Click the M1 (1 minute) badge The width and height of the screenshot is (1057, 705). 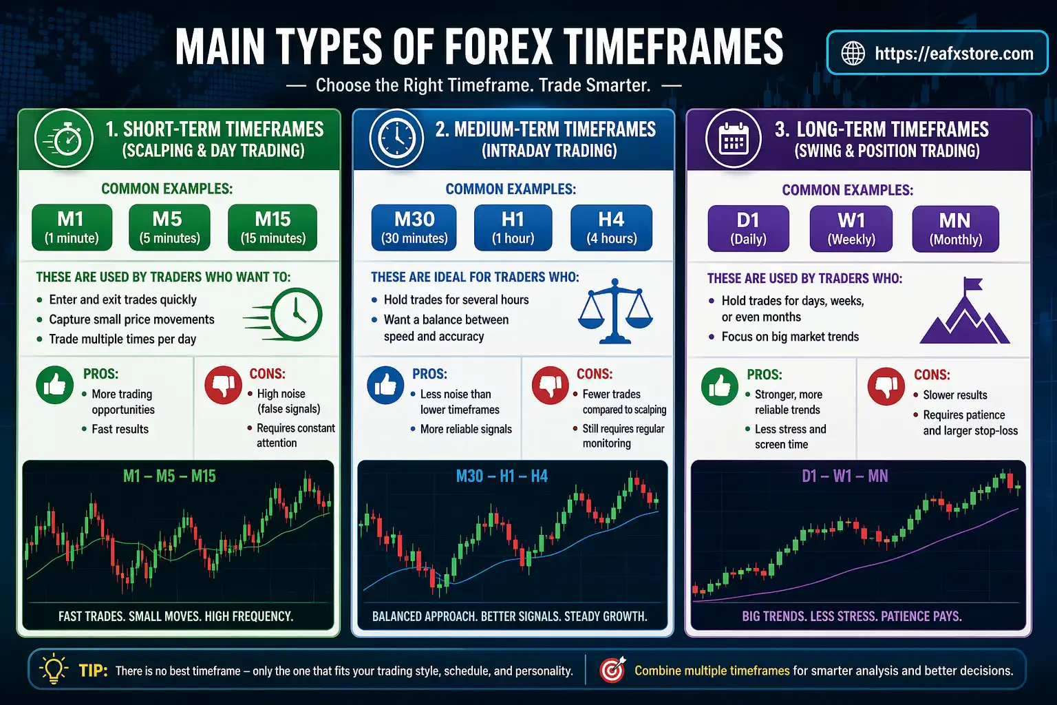(72, 227)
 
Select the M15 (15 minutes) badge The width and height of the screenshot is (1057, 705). (273, 227)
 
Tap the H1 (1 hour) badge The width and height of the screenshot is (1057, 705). (513, 227)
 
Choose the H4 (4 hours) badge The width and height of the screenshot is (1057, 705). (611, 227)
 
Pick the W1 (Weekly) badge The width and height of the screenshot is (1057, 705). (851, 229)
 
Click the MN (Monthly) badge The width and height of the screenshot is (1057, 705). (955, 229)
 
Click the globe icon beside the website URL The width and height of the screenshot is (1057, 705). (853, 53)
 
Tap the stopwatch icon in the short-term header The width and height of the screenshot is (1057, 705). (63, 139)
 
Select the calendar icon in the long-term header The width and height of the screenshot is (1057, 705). (734, 139)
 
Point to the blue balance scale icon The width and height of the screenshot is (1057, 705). (615, 311)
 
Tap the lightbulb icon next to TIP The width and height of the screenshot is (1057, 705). (54, 669)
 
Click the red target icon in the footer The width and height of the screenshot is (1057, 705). (612, 670)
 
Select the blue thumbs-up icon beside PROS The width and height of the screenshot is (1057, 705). (385, 386)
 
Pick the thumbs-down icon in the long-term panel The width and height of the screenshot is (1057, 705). (886, 386)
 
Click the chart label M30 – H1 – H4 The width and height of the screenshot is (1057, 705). (502, 476)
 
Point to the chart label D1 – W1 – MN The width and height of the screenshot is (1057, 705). (844, 476)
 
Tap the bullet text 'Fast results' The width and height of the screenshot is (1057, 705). (120, 429)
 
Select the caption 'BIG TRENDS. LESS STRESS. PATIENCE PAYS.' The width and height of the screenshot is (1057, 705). (851, 616)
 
